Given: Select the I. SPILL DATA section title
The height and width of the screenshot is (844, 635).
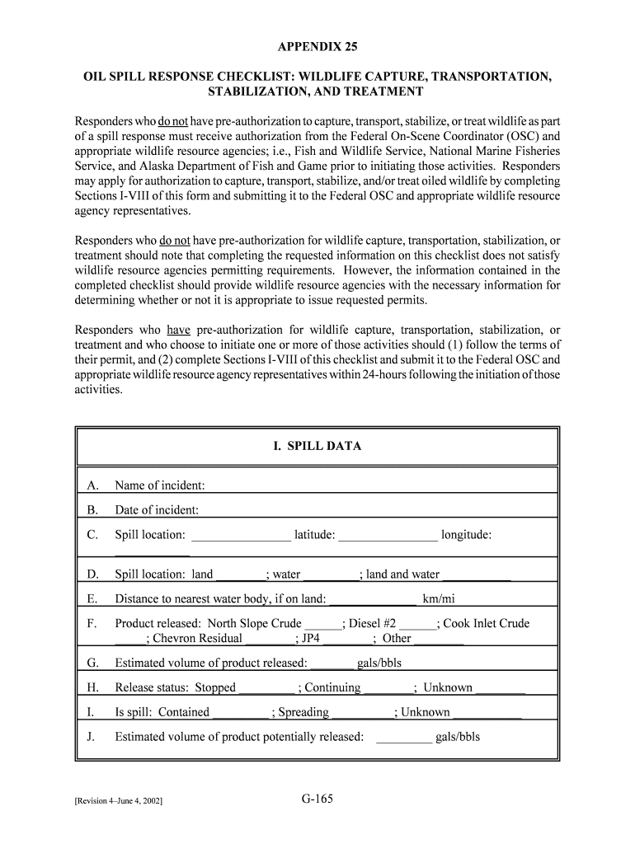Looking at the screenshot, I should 317,446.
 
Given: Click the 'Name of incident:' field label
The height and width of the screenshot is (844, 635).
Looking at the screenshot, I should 160,485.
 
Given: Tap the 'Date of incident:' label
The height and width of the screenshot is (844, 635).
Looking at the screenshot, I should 157,510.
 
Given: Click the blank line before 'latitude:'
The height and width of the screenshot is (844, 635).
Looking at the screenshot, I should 241,537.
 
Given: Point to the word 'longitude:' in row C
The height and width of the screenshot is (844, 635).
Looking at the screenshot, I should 467,535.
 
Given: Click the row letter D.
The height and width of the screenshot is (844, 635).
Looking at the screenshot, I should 92,574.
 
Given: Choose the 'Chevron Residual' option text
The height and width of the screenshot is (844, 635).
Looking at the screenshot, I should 198,639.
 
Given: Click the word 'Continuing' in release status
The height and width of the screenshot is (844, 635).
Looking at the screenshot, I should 332,688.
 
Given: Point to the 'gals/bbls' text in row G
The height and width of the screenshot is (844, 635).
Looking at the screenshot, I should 379,663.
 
